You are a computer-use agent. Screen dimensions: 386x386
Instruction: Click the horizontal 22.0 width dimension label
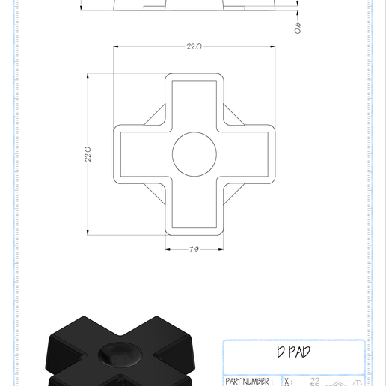tap(194, 46)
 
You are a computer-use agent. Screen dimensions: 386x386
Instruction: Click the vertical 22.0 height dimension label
tap(88, 154)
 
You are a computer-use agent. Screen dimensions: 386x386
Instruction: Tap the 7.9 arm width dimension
tap(194, 249)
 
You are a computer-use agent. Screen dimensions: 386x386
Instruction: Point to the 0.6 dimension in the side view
tap(297, 28)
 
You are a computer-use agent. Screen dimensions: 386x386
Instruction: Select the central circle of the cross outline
tap(194, 154)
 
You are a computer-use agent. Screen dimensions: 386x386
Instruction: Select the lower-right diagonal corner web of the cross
tap(231, 192)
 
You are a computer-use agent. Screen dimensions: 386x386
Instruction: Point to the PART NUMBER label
tap(248, 382)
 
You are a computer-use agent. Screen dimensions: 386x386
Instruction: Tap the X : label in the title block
tap(288, 382)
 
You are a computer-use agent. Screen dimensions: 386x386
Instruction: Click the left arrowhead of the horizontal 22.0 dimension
tap(117, 46)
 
